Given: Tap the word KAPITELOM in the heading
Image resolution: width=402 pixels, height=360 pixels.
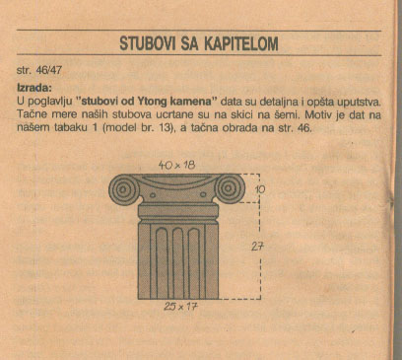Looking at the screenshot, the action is pos(241,43).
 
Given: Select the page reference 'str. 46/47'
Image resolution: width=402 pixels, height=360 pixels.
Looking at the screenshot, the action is pos(39,70).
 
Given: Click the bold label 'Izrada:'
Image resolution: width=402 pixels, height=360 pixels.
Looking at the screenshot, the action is pos(34,88).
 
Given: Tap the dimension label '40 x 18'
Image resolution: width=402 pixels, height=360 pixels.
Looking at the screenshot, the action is pos(176,166).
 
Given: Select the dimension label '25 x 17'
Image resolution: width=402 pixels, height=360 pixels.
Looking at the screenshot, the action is pos(181,307).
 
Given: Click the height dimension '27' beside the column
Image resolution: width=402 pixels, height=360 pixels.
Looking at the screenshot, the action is pos(257,247).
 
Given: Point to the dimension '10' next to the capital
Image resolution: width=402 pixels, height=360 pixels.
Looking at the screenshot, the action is pos(259,188).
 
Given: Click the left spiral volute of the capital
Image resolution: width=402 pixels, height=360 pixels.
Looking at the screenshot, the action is pos(123,188).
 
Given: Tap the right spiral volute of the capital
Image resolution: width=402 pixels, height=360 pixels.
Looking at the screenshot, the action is pos(230,188).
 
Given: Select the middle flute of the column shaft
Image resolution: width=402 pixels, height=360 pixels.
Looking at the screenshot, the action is pos(177,263).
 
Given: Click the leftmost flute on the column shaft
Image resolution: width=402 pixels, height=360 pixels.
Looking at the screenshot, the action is pos(162,263).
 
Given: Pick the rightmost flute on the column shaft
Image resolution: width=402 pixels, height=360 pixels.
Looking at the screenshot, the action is pos(194,263).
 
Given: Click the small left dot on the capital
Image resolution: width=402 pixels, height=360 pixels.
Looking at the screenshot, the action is pos(153,195).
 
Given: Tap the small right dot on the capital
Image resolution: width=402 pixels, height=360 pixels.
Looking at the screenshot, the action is pos(203,194).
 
